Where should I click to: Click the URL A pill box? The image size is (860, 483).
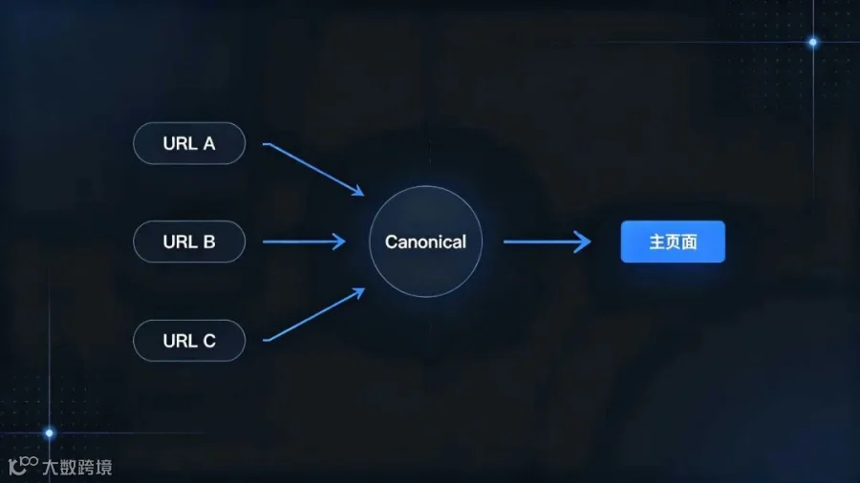[189, 143]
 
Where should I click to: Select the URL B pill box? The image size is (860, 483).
[189, 241]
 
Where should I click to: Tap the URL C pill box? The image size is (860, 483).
[189, 341]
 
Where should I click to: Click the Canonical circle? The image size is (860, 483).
[425, 241]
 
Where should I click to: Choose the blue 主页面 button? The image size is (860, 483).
[673, 241]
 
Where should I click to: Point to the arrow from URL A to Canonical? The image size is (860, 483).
[313, 169]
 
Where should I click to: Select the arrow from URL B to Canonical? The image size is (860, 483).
[305, 241]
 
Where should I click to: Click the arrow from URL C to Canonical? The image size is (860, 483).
[313, 315]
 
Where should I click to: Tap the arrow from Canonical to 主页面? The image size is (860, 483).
[548, 241]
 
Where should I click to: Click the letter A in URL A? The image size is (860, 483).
[209, 143]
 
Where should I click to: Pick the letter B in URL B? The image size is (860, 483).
[209, 241]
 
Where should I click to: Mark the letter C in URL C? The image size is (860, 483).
[209, 341]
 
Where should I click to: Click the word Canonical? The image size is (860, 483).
[425, 241]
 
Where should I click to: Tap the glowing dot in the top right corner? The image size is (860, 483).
[813, 42]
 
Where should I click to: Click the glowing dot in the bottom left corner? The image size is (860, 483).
[50, 433]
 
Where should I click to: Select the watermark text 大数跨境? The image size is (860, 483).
[77, 467]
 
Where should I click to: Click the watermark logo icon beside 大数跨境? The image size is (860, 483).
[23, 466]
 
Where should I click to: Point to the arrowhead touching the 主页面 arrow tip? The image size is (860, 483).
[584, 241]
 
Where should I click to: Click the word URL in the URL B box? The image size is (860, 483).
[181, 241]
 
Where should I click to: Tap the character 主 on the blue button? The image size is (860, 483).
[657, 241]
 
